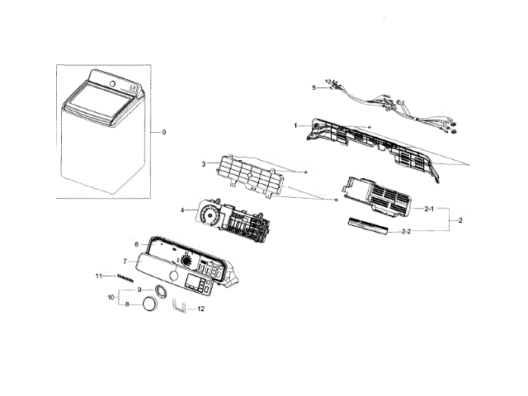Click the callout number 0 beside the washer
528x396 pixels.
163,132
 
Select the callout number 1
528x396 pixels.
295,125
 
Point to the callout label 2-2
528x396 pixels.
429,232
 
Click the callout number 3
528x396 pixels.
203,165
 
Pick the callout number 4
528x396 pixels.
182,210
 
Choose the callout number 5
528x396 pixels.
314,87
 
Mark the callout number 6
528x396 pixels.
137,244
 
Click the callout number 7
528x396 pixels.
125,262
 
